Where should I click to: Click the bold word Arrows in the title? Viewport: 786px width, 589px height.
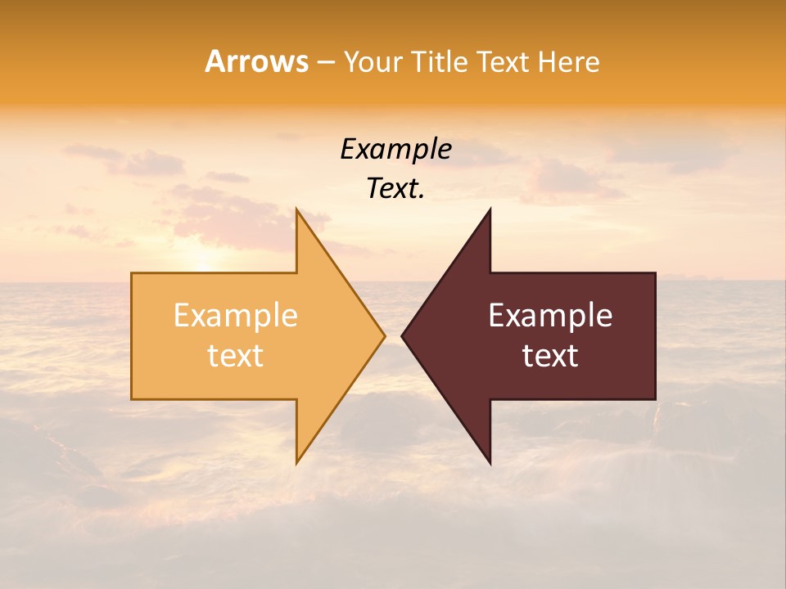click(256, 61)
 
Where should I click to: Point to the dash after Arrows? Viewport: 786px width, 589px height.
click(325, 62)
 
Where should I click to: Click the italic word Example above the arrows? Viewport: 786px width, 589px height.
click(395, 149)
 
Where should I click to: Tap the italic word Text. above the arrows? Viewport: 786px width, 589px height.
click(395, 189)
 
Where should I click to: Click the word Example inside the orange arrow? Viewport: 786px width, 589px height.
click(236, 316)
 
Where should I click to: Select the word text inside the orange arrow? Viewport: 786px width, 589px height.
click(236, 356)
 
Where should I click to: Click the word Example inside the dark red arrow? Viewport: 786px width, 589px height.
click(550, 316)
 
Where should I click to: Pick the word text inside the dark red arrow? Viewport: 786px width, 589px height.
click(550, 356)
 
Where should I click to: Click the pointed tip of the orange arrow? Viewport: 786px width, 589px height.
click(385, 335)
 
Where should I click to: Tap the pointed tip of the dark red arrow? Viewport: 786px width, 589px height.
click(401, 335)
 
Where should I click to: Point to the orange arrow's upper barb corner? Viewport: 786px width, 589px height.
click(296, 209)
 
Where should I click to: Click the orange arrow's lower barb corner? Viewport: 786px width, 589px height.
click(296, 463)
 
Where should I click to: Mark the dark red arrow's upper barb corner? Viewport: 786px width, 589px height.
click(490, 209)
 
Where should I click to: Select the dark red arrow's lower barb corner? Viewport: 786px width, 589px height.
click(490, 464)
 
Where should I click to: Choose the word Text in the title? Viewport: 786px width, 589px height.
click(501, 61)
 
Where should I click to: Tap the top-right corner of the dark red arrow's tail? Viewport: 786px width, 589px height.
click(655, 273)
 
